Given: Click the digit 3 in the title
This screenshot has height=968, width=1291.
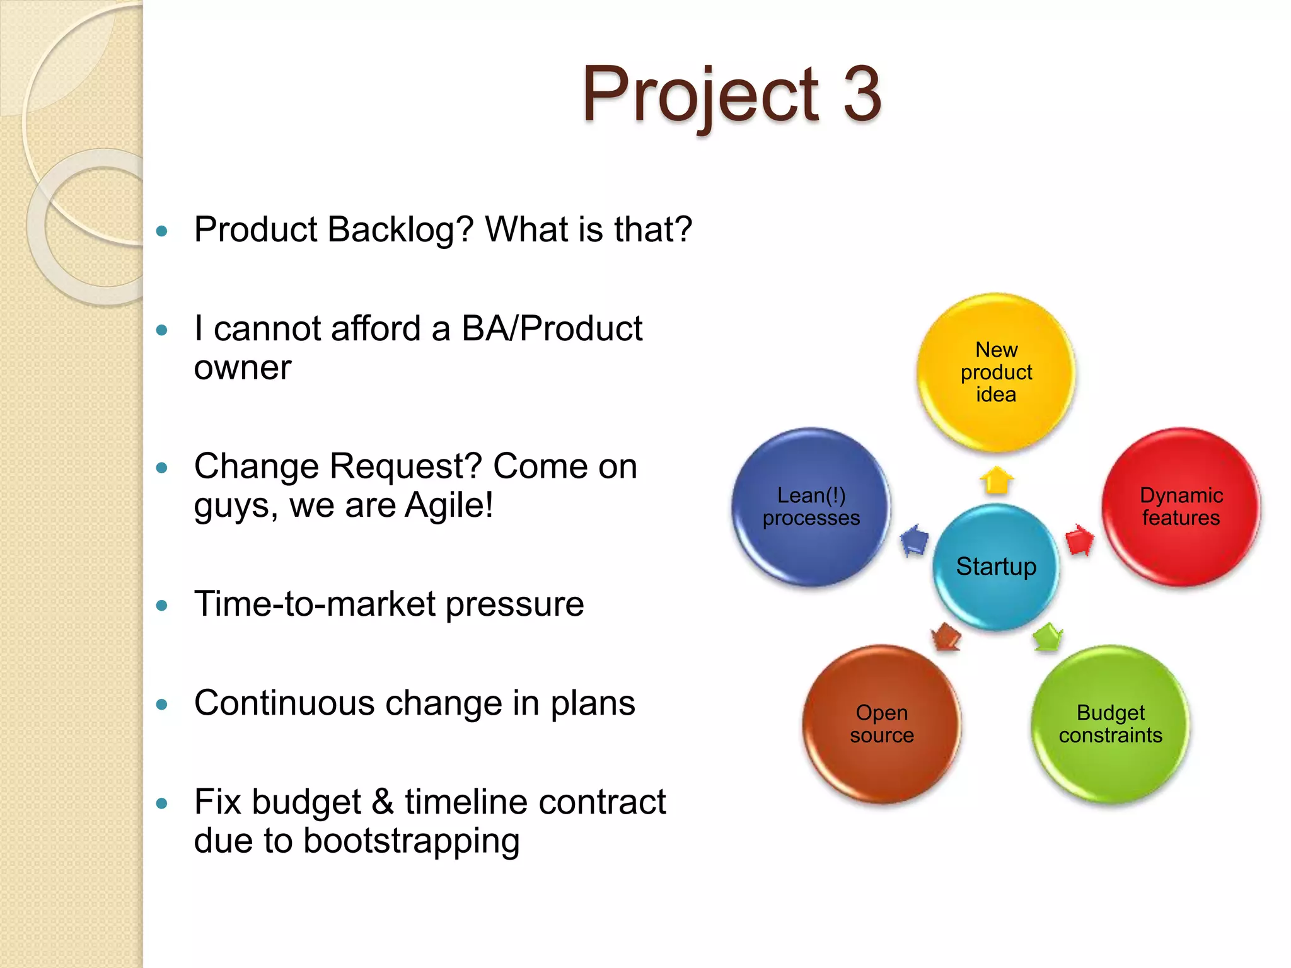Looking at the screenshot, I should pyautogui.click(x=861, y=95).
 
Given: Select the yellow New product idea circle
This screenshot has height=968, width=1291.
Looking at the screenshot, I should pyautogui.click(x=996, y=372).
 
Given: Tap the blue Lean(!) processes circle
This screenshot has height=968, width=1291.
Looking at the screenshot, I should pyautogui.click(x=811, y=507).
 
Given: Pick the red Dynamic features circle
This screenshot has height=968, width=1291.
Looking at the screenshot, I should pyautogui.click(x=1181, y=507).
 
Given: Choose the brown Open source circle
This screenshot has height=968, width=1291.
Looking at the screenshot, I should pyautogui.click(x=881, y=724).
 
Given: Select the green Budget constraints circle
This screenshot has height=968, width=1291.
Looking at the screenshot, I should pyautogui.click(x=1110, y=724).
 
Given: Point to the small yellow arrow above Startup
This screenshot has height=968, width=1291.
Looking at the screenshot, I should pyautogui.click(x=997, y=481).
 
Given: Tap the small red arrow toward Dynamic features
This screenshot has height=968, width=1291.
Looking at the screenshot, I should pyautogui.click(x=1079, y=539).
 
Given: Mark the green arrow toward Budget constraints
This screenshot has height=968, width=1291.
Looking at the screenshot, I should pyautogui.click(x=1047, y=637).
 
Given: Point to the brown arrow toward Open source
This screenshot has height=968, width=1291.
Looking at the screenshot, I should pyautogui.click(x=946, y=637).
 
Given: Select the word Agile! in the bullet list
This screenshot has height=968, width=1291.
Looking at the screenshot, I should pyautogui.click(x=449, y=505).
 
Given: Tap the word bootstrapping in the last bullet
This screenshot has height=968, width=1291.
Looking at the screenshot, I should pyautogui.click(x=411, y=841).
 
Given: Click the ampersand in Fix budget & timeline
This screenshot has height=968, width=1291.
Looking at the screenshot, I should pyautogui.click(x=383, y=802).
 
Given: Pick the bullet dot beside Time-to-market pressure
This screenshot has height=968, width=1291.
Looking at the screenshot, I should pyautogui.click(x=162, y=606).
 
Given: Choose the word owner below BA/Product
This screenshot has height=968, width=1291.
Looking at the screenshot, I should pyautogui.click(x=243, y=367).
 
